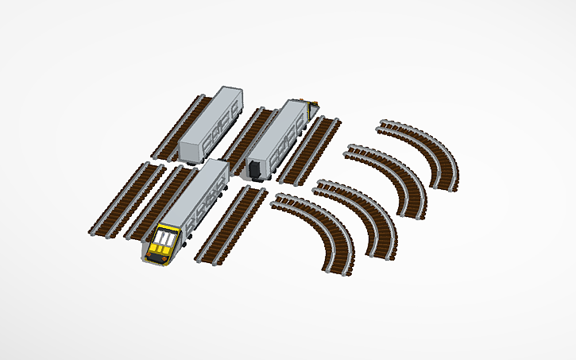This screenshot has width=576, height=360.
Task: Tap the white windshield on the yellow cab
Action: [165, 238]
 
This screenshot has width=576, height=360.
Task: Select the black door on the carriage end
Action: [255, 168]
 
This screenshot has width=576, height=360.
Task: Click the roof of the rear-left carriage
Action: [208, 114]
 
